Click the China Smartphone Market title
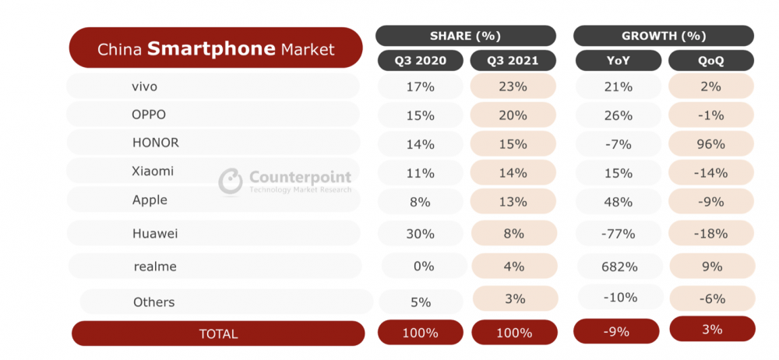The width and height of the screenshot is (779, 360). click(x=216, y=48)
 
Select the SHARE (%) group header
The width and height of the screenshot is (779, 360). click(x=466, y=36)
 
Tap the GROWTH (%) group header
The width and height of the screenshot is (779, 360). click(x=664, y=36)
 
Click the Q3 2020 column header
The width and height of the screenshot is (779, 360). click(x=421, y=61)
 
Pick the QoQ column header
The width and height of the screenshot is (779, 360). click(x=711, y=61)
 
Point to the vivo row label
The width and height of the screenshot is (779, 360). click(x=145, y=86)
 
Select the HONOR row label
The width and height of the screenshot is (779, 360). click(x=156, y=143)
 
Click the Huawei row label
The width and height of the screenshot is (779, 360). click(x=155, y=234)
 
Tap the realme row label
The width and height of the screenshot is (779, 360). click(x=155, y=266)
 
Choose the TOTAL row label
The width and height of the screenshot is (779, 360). click(x=218, y=334)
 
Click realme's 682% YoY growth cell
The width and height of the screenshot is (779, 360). click(x=619, y=266)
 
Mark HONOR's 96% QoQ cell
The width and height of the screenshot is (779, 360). click(x=711, y=143)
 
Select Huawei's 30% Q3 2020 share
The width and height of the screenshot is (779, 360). click(x=421, y=233)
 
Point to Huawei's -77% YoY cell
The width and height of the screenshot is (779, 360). click(x=619, y=233)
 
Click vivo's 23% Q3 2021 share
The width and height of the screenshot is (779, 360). click(x=513, y=86)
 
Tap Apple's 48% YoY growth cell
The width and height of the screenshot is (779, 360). click(x=619, y=202)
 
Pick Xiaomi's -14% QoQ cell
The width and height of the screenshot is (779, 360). click(x=711, y=172)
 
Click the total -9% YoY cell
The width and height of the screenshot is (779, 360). click(x=616, y=331)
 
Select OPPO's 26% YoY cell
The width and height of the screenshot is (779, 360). click(x=619, y=115)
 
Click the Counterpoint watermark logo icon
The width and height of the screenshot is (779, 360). click(x=231, y=181)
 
